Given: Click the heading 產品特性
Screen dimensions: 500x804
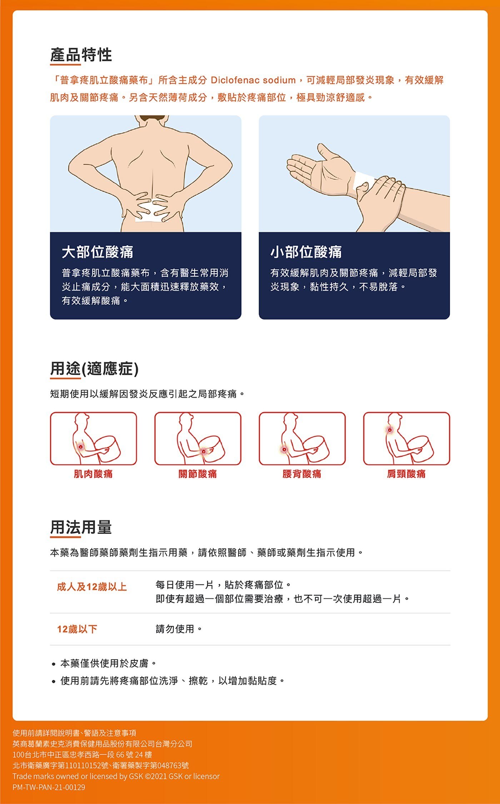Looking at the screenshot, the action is (x=81, y=55).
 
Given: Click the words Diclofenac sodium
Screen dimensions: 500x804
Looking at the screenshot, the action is (x=253, y=80).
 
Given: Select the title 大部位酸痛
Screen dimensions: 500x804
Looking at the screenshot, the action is (x=97, y=252).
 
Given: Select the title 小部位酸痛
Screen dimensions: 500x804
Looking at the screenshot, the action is (x=306, y=252).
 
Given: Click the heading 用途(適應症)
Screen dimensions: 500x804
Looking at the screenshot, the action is (x=94, y=369).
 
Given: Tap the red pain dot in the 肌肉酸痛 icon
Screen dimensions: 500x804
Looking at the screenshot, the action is (x=81, y=447).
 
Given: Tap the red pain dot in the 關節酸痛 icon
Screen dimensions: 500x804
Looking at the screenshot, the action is (x=204, y=452).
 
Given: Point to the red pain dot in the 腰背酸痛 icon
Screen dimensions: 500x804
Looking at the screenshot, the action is (x=284, y=449).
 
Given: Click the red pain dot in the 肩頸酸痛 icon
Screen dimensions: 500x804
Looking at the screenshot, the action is (x=390, y=430).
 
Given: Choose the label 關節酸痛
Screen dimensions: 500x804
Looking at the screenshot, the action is (x=197, y=474).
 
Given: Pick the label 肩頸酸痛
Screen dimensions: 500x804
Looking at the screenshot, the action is (x=406, y=474).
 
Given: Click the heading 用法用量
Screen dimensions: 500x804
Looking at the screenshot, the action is (x=81, y=527).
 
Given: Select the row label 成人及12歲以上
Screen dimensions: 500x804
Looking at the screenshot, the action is (x=92, y=587).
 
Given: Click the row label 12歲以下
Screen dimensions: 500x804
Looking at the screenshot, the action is (x=77, y=629).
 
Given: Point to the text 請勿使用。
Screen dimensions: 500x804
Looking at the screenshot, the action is (x=179, y=629).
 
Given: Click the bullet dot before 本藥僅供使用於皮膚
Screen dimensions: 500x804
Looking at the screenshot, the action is (x=53, y=664).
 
